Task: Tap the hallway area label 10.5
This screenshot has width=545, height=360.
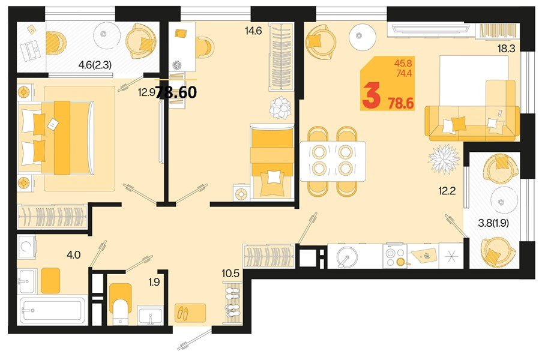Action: click(230, 273)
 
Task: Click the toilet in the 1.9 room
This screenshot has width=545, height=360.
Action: click(121, 301)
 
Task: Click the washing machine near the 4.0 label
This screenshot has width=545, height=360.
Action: click(28, 247)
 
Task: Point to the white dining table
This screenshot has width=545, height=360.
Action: click(333, 160)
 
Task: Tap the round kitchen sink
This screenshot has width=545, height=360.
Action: click(347, 257)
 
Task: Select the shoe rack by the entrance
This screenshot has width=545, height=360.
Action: click(232, 304)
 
